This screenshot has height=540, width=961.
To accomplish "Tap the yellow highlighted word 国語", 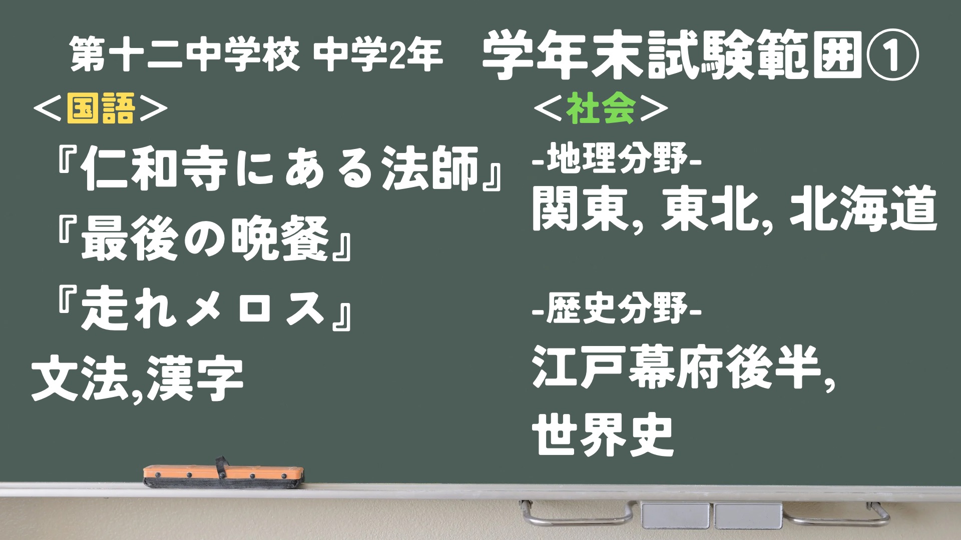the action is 101,109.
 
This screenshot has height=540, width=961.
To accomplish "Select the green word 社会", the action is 601,109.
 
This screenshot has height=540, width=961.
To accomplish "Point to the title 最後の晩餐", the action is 205,242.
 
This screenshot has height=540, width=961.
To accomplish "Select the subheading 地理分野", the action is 617,161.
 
